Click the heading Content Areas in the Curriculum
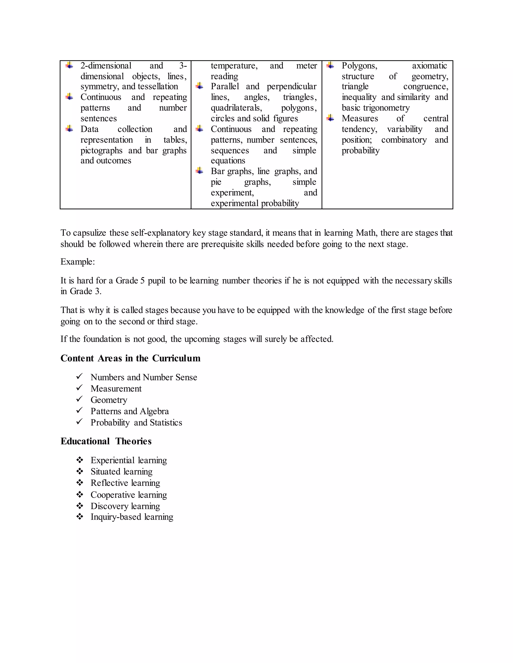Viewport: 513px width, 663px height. click(130, 358)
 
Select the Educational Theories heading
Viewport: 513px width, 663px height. click(106, 441)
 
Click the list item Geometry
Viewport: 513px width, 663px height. click(109, 400)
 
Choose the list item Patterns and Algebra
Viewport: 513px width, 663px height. click(130, 411)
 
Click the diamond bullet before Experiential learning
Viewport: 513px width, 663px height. click(80, 460)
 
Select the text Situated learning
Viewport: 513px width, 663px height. click(121, 471)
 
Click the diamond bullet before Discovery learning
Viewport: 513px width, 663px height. click(80, 505)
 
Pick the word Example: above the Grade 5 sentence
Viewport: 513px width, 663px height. click(77, 262)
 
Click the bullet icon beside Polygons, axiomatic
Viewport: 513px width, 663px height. click(330, 65)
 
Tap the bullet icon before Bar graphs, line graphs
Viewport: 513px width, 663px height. click(199, 171)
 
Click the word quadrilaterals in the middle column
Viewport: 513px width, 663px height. click(236, 108)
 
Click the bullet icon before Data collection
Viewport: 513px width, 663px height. click(69, 129)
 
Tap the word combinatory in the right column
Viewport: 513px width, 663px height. click(404, 140)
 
